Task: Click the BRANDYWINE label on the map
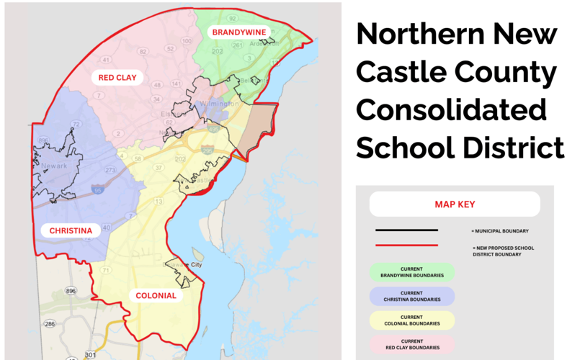coord(238,32)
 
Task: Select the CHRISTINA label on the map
coord(70,230)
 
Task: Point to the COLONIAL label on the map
coord(155,295)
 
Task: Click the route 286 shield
coord(49,324)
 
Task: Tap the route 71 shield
coord(106,270)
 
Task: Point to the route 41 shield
coord(106,60)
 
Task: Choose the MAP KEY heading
coord(455,204)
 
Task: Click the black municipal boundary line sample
coord(406,230)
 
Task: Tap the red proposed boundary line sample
coord(406,246)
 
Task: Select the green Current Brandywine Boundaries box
coord(411,271)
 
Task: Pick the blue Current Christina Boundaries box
coord(411,296)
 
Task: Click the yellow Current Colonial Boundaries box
coord(411,320)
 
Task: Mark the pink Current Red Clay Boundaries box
coord(411,344)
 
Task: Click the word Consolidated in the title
coord(451,110)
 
